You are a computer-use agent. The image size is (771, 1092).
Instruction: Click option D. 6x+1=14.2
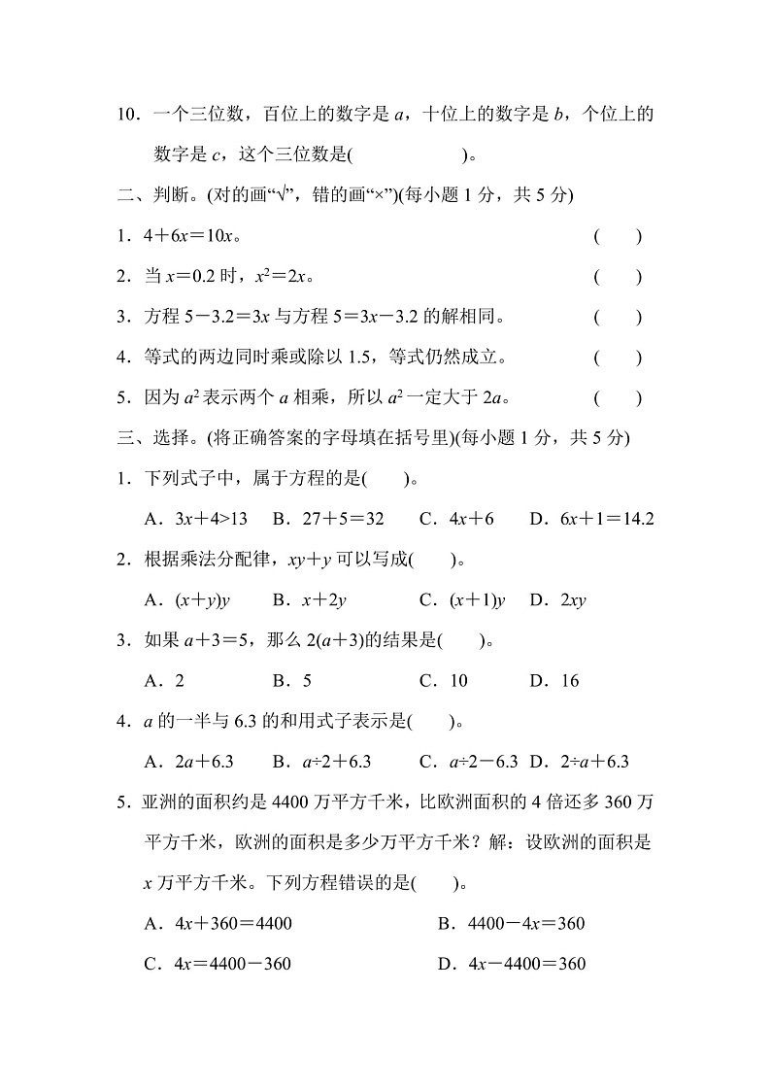click(591, 519)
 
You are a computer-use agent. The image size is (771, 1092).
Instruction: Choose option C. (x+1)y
click(462, 600)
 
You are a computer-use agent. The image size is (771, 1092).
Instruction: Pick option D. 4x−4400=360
click(512, 964)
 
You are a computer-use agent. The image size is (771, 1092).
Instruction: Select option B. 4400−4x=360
click(512, 924)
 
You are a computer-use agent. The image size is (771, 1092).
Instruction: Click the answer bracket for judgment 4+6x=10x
click(618, 236)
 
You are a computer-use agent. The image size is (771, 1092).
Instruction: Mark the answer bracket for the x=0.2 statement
click(618, 277)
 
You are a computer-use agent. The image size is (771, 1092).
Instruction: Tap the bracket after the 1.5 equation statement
click(618, 358)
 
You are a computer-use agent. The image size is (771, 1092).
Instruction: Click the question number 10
click(128, 115)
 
